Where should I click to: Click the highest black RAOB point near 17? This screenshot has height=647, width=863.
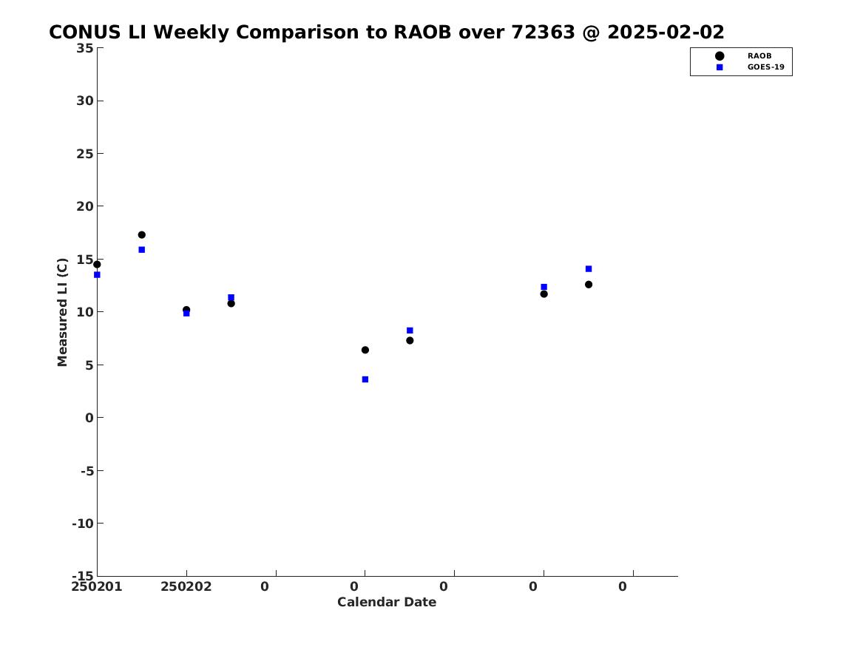(x=141, y=235)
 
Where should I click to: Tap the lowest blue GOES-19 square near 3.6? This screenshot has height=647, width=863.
(x=365, y=379)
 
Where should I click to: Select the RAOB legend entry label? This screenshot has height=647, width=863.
(x=759, y=55)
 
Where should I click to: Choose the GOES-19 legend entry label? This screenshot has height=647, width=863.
(x=765, y=67)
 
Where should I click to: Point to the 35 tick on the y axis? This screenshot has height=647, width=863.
(x=84, y=48)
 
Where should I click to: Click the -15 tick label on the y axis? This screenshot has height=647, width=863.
(x=82, y=575)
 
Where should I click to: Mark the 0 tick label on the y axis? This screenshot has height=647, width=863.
(x=89, y=418)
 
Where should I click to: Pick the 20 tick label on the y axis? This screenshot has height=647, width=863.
(x=84, y=206)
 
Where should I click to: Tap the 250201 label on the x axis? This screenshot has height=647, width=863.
(x=96, y=586)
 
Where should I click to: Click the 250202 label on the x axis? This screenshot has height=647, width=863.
(x=186, y=586)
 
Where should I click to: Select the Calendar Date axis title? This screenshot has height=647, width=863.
(x=386, y=602)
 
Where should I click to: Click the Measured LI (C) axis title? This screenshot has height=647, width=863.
(x=62, y=312)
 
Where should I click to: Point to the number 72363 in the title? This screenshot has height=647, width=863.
(x=543, y=33)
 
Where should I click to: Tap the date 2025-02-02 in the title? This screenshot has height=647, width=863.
(x=666, y=33)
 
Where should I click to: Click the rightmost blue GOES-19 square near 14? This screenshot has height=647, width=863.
(x=589, y=268)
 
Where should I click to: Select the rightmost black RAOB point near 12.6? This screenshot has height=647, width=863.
(x=589, y=285)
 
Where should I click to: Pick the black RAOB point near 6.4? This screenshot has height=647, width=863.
(x=365, y=350)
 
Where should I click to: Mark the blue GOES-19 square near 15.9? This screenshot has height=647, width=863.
(x=141, y=250)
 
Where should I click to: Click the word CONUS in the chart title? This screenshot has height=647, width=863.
(x=85, y=33)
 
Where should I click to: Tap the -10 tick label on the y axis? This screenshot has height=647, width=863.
(x=82, y=524)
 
